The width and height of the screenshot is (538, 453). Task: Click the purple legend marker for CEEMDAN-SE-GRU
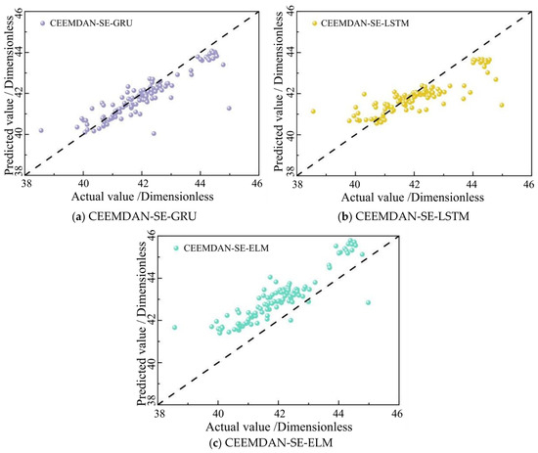click(42, 23)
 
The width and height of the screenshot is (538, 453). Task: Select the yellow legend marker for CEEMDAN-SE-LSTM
click(314, 23)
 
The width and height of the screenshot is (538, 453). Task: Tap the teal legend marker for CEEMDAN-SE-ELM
click(176, 248)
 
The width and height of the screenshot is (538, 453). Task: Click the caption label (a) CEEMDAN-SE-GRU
click(134, 216)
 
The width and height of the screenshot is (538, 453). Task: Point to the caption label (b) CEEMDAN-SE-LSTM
click(403, 216)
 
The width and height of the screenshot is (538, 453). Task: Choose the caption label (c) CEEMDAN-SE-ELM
click(271, 442)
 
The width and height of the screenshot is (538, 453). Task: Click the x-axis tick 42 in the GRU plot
click(142, 184)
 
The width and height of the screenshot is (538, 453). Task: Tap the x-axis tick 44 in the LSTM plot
click(472, 184)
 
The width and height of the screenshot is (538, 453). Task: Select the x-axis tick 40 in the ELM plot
click(218, 413)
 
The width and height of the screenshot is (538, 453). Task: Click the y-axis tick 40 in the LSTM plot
click(291, 134)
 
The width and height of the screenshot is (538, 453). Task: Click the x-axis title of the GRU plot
click(143, 197)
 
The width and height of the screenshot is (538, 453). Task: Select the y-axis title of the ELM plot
click(142, 323)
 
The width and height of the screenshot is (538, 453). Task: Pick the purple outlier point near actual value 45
click(229, 108)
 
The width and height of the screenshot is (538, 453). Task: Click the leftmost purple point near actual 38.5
click(41, 130)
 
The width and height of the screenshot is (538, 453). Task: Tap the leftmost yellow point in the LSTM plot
click(313, 112)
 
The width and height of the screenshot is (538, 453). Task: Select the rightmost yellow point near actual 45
click(502, 105)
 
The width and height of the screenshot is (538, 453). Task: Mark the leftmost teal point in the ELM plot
click(175, 328)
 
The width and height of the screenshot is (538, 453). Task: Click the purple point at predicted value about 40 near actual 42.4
click(154, 133)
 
